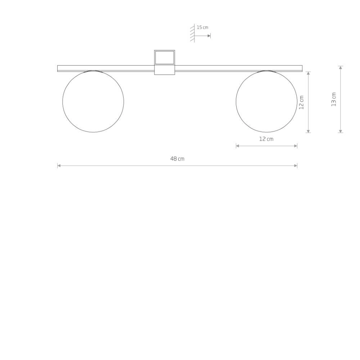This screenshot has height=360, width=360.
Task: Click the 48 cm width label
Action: click(177, 159)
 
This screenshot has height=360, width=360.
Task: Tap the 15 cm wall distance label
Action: click(202, 27)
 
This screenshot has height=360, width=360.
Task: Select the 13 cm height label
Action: click(334, 99)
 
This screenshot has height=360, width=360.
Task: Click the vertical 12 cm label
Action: click(302, 102)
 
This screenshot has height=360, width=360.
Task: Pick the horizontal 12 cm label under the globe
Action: click(266, 139)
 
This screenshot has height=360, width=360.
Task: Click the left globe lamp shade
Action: click(93, 102)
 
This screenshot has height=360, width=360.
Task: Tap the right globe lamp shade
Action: click(266, 102)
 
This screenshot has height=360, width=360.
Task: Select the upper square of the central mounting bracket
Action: click(165, 57)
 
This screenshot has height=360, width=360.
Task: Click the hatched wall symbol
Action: click(193, 34)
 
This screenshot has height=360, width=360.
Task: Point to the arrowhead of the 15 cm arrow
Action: click(209, 36)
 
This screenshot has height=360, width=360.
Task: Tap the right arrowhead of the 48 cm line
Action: click(296, 166)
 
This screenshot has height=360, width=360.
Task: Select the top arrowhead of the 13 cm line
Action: click(341, 68)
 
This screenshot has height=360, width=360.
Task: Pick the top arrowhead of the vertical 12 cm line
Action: click(308, 73)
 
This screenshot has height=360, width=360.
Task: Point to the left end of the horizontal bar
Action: click(59, 68)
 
